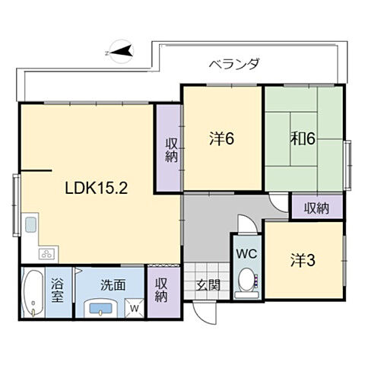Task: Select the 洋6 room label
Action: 221,139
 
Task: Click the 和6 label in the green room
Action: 303,139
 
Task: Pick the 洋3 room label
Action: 302,259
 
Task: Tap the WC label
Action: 246,252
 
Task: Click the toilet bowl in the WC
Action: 246,282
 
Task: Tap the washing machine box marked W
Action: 135,308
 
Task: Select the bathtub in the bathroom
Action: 33,293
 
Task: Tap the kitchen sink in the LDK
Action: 31,225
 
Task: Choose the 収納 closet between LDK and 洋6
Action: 168,148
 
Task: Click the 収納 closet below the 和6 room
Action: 316,207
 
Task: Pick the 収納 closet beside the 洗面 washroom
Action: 160,290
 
